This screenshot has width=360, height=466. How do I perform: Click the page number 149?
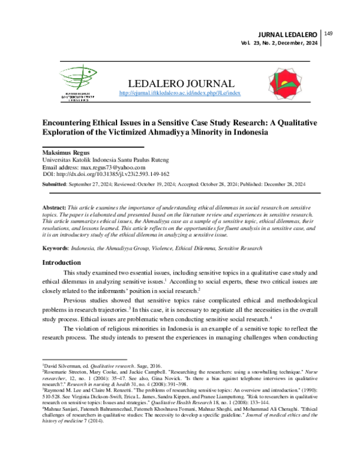328,34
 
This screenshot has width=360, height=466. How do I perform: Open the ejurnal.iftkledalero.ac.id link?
180,94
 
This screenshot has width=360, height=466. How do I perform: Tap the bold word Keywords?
56,246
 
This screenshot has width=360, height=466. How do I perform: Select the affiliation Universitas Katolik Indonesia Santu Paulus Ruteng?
105,160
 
